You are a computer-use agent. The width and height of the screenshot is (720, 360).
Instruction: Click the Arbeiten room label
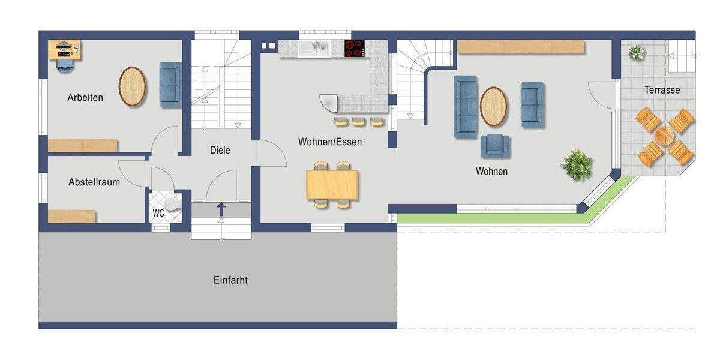coord(85,97)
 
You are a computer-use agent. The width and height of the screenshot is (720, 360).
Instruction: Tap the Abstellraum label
coord(94,182)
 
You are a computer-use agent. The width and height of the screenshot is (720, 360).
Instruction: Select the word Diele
coord(220,150)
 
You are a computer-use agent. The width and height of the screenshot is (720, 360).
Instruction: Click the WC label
coord(158,213)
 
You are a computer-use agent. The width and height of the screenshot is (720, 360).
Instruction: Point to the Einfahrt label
coord(230,280)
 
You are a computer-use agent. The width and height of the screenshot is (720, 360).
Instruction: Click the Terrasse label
coord(662,90)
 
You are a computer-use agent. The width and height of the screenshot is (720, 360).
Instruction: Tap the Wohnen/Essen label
coord(330,142)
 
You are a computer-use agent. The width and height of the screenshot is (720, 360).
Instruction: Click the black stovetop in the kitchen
coord(355,48)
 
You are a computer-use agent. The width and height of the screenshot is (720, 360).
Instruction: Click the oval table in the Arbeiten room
coord(132,86)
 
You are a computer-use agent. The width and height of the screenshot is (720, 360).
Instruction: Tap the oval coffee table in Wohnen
coord(493,106)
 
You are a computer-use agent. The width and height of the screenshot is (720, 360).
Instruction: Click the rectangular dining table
coord(332,184)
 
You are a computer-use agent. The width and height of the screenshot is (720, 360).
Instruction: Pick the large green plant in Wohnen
coord(577,165)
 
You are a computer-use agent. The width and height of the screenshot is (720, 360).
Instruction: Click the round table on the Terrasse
coord(665,136)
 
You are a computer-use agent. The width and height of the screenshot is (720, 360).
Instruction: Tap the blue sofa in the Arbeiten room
coord(170,85)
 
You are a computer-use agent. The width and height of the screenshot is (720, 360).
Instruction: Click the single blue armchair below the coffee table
coord(495,146)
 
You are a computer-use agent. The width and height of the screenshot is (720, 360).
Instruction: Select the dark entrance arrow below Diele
coord(221,209)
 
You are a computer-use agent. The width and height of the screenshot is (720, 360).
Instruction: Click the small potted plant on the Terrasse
coord(636,52)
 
